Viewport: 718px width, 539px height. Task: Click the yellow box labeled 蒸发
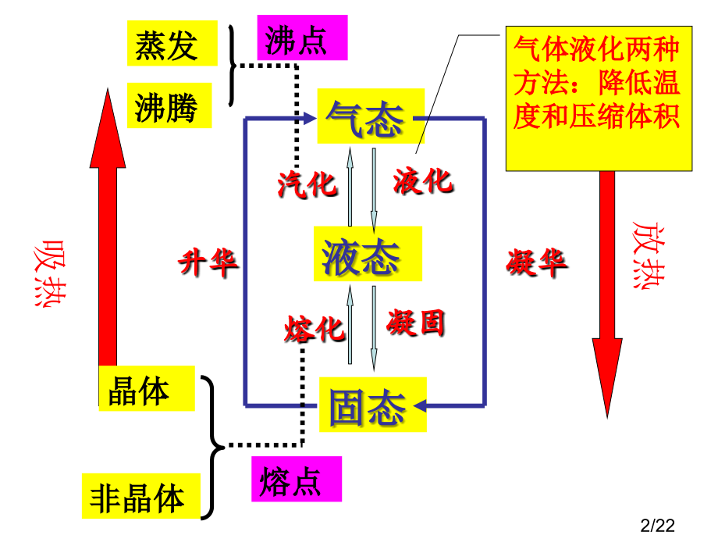pyautogui.click(x=172, y=43)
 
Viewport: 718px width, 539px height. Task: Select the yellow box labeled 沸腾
pyautogui.click(x=169, y=105)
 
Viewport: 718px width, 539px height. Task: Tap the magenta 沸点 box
pyautogui.click(x=302, y=37)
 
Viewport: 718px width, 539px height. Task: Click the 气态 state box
pyautogui.click(x=371, y=116)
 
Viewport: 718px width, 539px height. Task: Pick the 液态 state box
pyautogui.click(x=368, y=253)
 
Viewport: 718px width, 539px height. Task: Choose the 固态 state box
pyautogui.click(x=373, y=405)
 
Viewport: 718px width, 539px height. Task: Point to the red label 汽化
pyautogui.click(x=307, y=184)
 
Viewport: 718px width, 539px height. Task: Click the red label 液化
pyautogui.click(x=423, y=181)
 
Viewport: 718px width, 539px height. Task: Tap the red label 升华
pyautogui.click(x=208, y=262)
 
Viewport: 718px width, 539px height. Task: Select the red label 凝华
pyautogui.click(x=537, y=262)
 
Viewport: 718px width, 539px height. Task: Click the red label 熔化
pyautogui.click(x=314, y=329)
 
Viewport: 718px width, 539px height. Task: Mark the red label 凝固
pyautogui.click(x=416, y=323)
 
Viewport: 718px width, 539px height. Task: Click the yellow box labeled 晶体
pyautogui.click(x=147, y=389)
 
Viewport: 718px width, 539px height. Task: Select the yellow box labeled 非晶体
pyautogui.click(x=141, y=496)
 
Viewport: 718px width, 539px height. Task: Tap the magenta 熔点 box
pyautogui.click(x=297, y=479)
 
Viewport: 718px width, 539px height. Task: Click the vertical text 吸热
pyautogui.click(x=50, y=273)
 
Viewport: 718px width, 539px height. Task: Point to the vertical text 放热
pyautogui.click(x=649, y=255)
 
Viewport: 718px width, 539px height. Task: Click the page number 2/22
pyautogui.click(x=658, y=526)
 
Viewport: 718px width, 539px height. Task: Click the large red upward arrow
pyautogui.click(x=108, y=247)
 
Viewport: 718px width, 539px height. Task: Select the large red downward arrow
pyautogui.click(x=607, y=294)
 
